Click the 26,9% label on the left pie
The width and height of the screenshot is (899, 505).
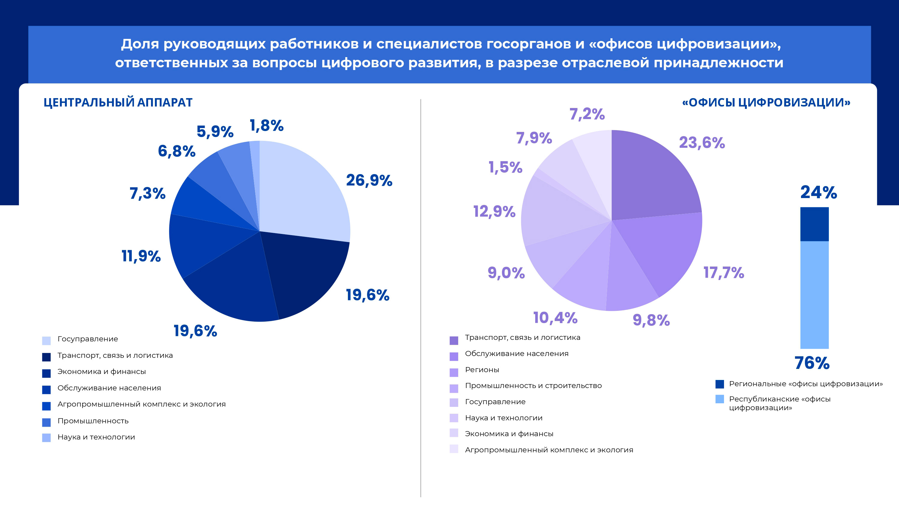[x=369, y=180]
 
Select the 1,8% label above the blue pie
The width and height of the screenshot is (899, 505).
[x=267, y=126]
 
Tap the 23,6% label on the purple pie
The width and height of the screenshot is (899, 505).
[x=702, y=143]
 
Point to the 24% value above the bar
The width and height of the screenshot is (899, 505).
[x=818, y=192]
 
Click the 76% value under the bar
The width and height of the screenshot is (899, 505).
[x=812, y=363]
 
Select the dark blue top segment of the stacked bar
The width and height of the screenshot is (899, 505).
[x=814, y=224]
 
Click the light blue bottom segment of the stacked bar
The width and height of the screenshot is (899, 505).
[x=814, y=294]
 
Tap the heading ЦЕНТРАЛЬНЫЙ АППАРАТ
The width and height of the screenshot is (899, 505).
[x=118, y=102]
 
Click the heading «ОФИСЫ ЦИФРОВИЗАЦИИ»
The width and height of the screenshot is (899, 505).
[x=766, y=102]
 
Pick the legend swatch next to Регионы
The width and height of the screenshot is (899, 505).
[x=454, y=372]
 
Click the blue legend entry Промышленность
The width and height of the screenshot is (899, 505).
[x=93, y=421]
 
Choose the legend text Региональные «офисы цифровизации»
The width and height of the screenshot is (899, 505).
[x=806, y=384]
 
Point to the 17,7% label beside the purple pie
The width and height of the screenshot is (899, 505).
[x=723, y=273]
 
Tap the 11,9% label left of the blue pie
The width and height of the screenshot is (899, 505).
[x=141, y=256]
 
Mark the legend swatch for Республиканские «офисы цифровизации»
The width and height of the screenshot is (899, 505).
[x=719, y=399]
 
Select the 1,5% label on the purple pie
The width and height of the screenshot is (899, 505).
[x=505, y=168]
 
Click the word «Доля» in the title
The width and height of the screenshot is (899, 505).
[x=140, y=44]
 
